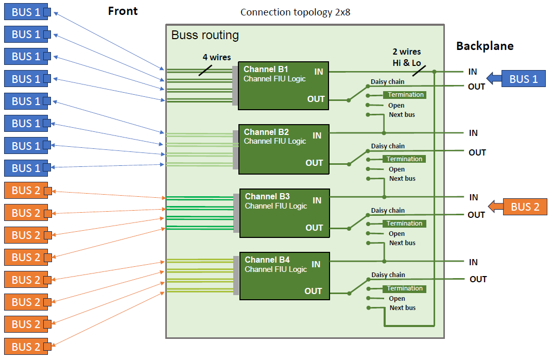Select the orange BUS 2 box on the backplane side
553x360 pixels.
[x=525, y=207]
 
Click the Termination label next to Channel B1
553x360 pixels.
[x=405, y=95]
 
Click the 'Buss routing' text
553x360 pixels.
[x=205, y=35]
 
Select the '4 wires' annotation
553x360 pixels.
[x=216, y=57]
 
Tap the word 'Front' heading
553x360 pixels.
[x=123, y=11]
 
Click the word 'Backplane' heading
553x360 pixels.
[x=485, y=46]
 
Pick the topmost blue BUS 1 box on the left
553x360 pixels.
[x=26, y=12]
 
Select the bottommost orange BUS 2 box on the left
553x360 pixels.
[x=26, y=347]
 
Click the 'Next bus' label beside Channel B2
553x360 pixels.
[x=402, y=179]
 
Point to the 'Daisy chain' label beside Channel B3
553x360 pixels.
[x=388, y=211]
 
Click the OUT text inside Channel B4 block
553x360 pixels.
[x=313, y=292]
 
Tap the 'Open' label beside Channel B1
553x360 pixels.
[x=396, y=106]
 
